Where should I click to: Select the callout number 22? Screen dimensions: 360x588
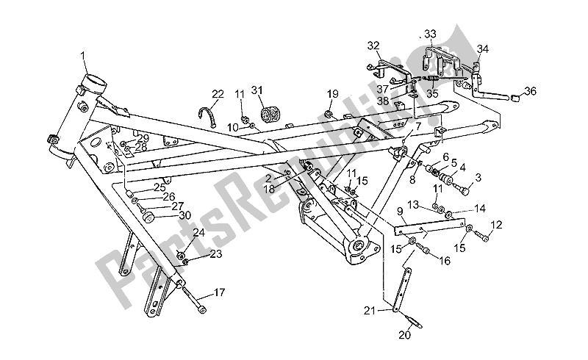tap(218, 94)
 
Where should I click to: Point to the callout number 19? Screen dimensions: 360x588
tap(332, 94)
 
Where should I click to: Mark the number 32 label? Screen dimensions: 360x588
tap(373, 46)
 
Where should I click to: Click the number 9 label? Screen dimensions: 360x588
tap(400, 211)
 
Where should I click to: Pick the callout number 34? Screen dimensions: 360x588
tap(483, 49)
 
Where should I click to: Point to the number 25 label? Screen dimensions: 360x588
tap(160, 187)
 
